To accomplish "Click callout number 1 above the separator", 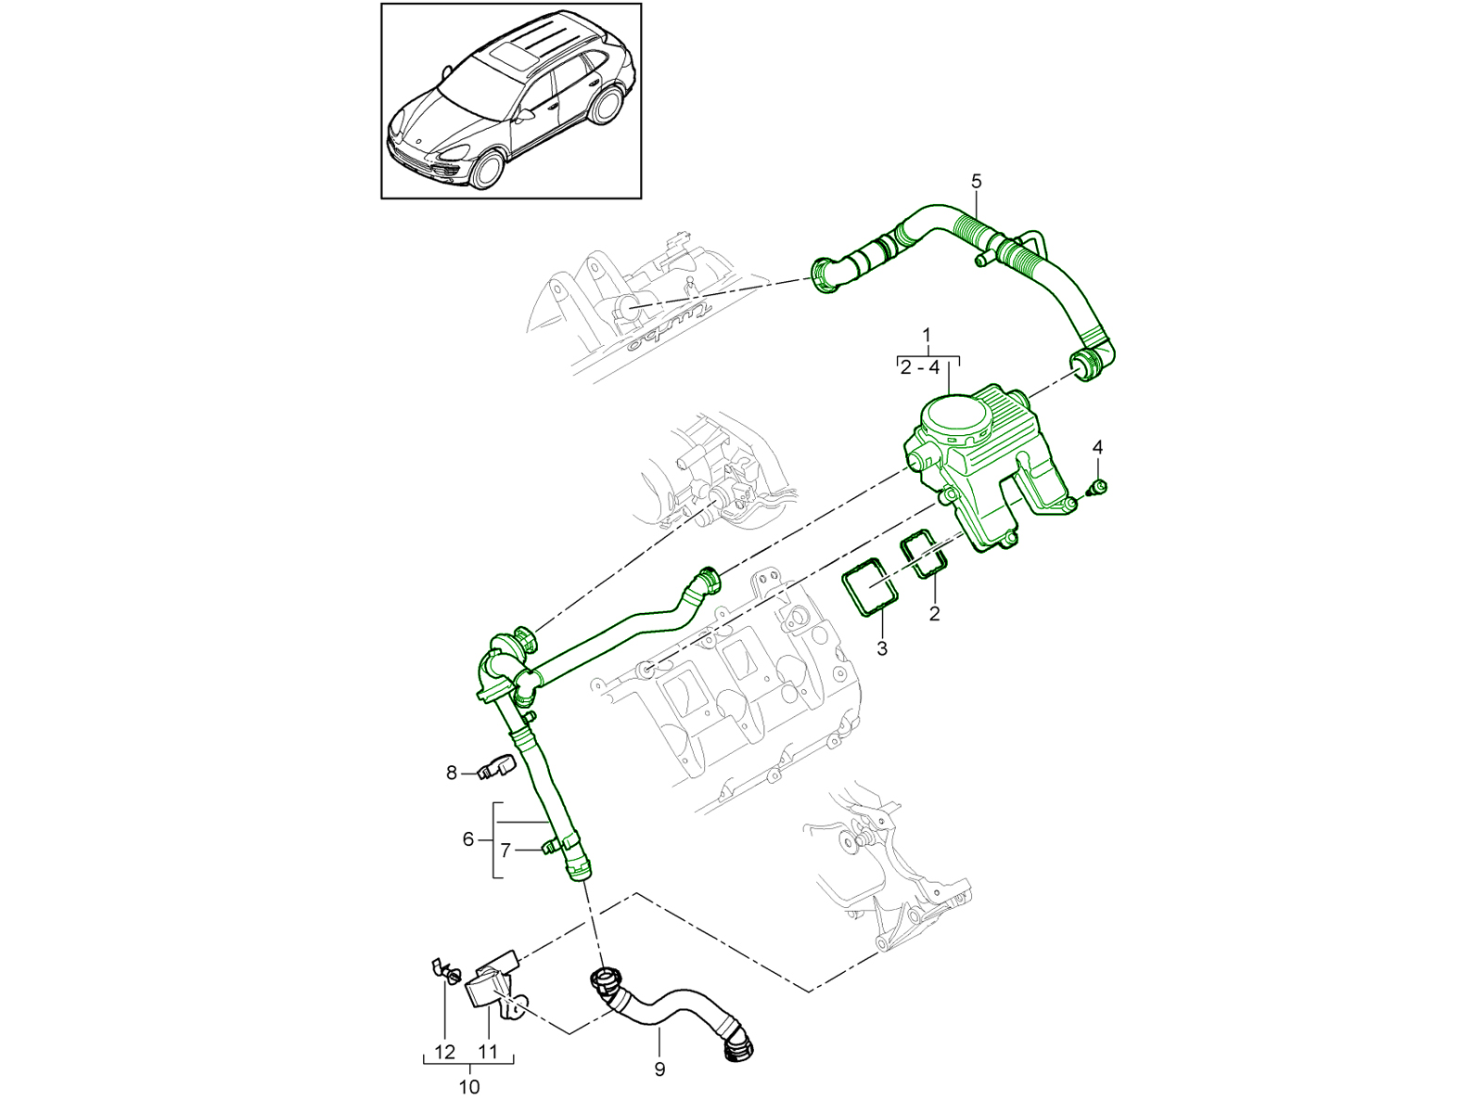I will tap(927, 334).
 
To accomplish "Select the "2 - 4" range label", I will tap(920, 367).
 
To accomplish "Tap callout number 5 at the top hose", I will tap(976, 182).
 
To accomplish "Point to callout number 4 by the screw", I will tap(1098, 448).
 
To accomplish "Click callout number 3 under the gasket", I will tap(881, 647).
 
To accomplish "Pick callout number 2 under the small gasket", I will tap(934, 613).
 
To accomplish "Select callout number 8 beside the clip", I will tap(452, 772).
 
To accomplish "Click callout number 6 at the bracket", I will tap(468, 839).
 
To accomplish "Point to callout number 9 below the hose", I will tap(659, 1068).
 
